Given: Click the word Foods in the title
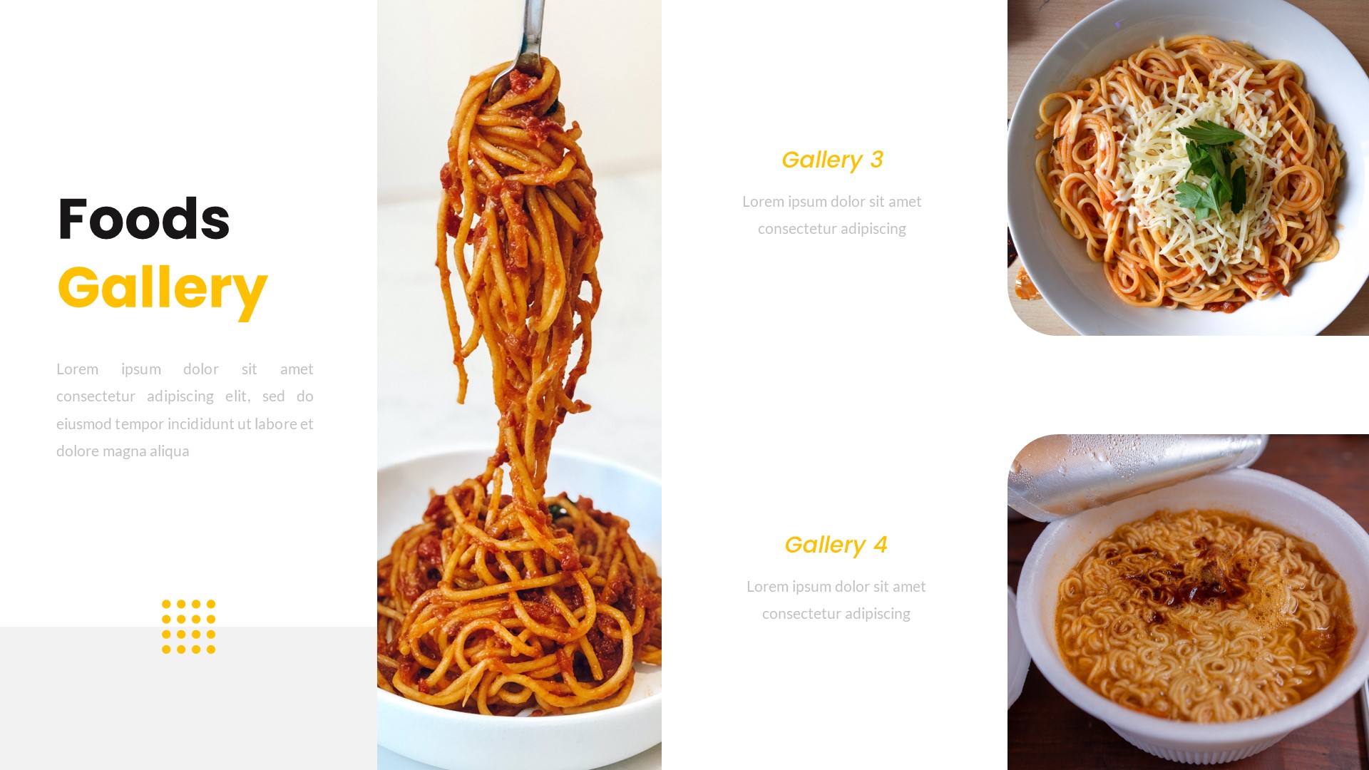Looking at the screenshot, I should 143,220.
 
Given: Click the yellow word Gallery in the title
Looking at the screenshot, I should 162,288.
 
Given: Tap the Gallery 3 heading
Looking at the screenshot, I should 831,160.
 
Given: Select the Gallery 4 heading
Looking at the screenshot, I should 835,545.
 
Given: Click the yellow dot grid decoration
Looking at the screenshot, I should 188,627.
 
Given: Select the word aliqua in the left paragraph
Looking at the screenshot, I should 169,451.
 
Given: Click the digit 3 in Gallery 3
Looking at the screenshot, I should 876,160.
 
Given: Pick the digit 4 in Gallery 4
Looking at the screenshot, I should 880,545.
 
